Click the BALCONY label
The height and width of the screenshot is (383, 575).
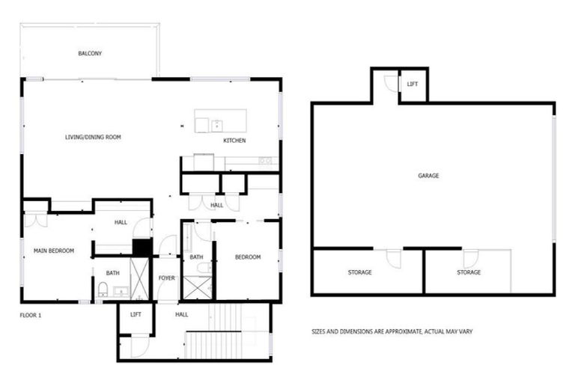click(90, 54)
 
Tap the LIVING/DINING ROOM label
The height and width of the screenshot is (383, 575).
click(93, 137)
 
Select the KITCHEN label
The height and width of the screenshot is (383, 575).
click(234, 141)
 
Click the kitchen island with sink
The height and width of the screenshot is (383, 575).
click(220, 121)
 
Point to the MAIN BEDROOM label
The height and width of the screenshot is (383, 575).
click(53, 251)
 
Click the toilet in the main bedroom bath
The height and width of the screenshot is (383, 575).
click(102, 290)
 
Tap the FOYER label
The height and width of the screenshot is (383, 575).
click(166, 278)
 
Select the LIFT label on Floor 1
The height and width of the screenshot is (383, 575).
click(136, 314)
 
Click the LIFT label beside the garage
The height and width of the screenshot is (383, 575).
click(413, 84)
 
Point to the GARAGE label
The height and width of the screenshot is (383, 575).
click(428, 176)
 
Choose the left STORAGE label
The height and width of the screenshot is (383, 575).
click(359, 272)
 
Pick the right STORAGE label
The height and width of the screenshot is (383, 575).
click(469, 272)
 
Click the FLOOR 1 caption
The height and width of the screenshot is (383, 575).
click(31, 315)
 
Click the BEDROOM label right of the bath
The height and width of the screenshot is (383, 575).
click(248, 257)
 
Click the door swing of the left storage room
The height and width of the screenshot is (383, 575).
click(393, 258)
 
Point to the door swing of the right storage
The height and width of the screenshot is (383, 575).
click(470, 258)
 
